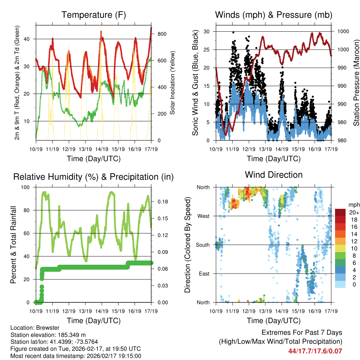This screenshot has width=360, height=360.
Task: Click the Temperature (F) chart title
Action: [x=94, y=15]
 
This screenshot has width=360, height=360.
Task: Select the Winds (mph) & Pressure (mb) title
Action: [x=274, y=15]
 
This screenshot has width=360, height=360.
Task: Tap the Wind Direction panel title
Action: [x=274, y=175]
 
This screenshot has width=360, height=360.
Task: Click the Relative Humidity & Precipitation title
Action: [x=94, y=177]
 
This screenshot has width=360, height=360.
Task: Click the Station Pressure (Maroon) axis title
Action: [x=356, y=83]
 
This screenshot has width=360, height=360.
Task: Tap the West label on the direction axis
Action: [x=204, y=216]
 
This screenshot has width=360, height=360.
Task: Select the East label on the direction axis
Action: [x=204, y=274]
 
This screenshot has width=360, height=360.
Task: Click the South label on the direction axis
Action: [x=203, y=245]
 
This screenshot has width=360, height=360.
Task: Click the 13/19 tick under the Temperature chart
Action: [x=85, y=149]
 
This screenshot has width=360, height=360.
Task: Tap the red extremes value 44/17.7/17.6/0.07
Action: [x=315, y=351]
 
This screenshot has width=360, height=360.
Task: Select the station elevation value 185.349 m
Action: [x=70, y=335]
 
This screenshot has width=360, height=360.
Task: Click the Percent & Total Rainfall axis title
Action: [x=13, y=245]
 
